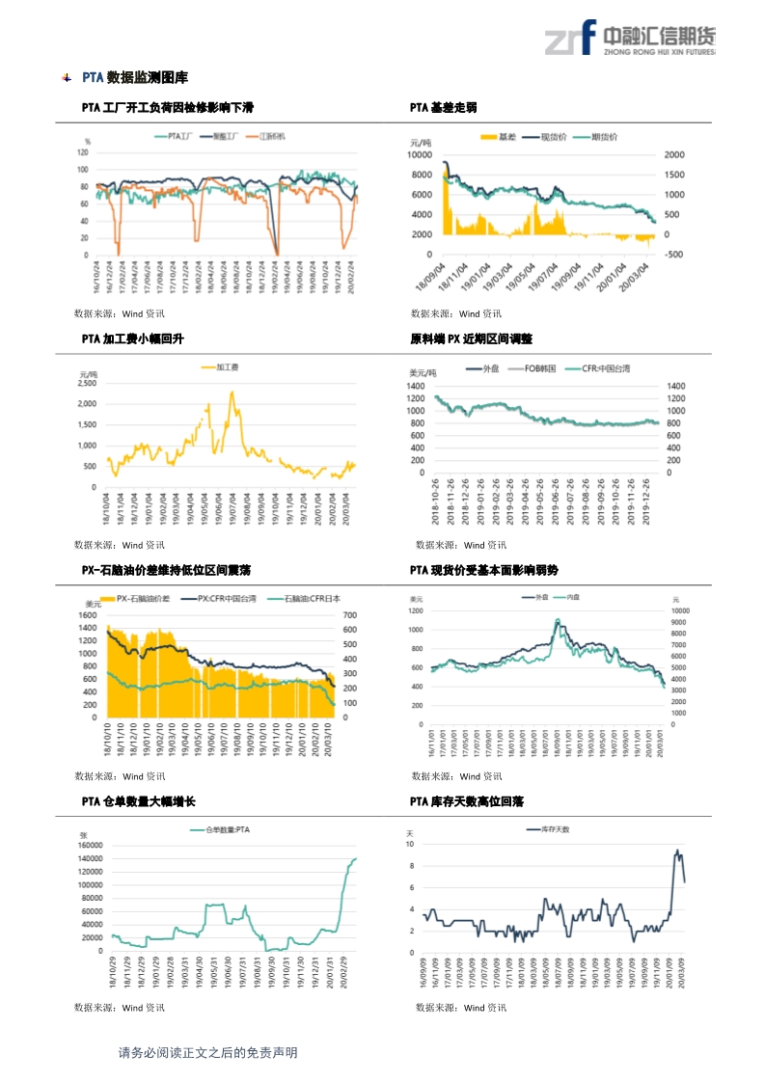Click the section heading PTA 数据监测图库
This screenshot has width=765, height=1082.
click(135, 77)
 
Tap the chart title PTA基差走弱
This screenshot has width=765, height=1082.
click(443, 107)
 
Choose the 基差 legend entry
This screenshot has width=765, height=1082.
click(498, 137)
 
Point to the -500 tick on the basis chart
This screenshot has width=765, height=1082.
click(675, 255)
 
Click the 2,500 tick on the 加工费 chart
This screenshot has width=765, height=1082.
click(85, 383)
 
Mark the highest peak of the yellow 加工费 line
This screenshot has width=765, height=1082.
click(232, 392)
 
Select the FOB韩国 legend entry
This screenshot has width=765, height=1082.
click(533, 369)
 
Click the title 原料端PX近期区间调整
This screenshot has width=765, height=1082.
click(471, 339)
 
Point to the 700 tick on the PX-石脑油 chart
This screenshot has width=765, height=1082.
click(350, 614)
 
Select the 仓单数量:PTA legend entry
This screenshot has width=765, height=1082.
click(226, 830)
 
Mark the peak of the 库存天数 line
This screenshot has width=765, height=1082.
click(677, 851)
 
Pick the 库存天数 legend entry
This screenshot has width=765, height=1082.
click(552, 829)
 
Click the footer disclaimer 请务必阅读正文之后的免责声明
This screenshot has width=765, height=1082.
click(207, 1053)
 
